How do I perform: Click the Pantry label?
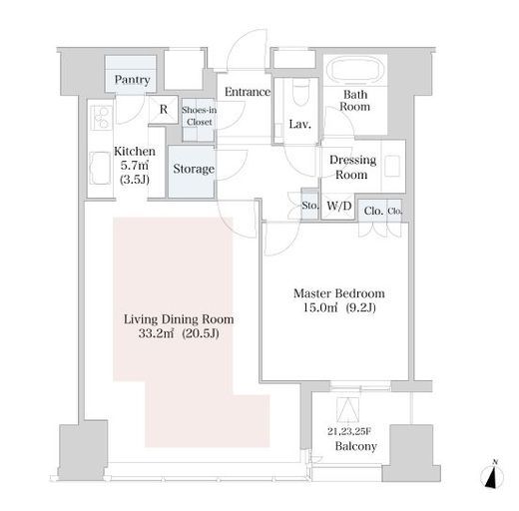[132, 80]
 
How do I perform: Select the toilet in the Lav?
[301, 92]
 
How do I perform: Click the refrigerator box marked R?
[164, 110]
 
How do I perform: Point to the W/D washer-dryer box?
[338, 207]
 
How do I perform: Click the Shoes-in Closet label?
[199, 116]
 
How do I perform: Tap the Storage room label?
[194, 169]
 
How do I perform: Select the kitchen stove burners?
[101, 118]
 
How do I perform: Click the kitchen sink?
[100, 168]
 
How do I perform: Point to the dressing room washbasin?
[392, 166]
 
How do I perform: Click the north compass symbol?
[492, 476]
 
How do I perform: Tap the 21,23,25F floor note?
[349, 432]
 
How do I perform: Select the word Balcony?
[356, 446]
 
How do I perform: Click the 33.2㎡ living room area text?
[156, 333]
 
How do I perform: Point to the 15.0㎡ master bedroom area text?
[320, 307]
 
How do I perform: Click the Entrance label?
[248, 92]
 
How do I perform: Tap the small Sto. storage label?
[309, 206]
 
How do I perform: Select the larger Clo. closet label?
[373, 211]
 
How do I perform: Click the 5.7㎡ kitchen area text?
[135, 166]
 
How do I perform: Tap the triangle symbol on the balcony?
[348, 409]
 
